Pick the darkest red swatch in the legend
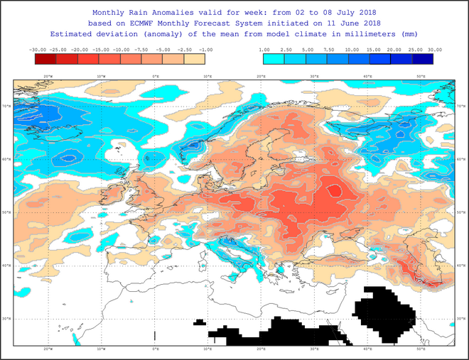click(x=44, y=59)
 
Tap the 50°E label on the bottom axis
click(x=421, y=349)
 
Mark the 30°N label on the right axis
click(x=461, y=319)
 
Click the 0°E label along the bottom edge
click(x=155, y=349)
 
